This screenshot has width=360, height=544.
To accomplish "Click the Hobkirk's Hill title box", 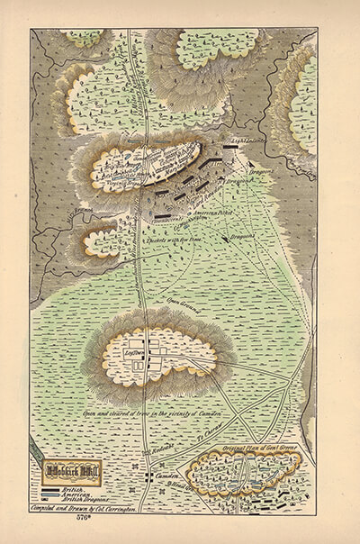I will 71,470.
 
